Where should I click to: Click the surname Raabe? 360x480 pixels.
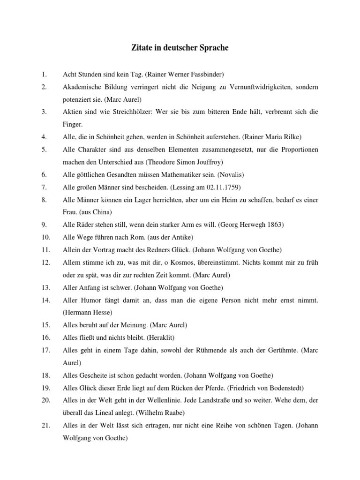[x=172, y=412]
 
